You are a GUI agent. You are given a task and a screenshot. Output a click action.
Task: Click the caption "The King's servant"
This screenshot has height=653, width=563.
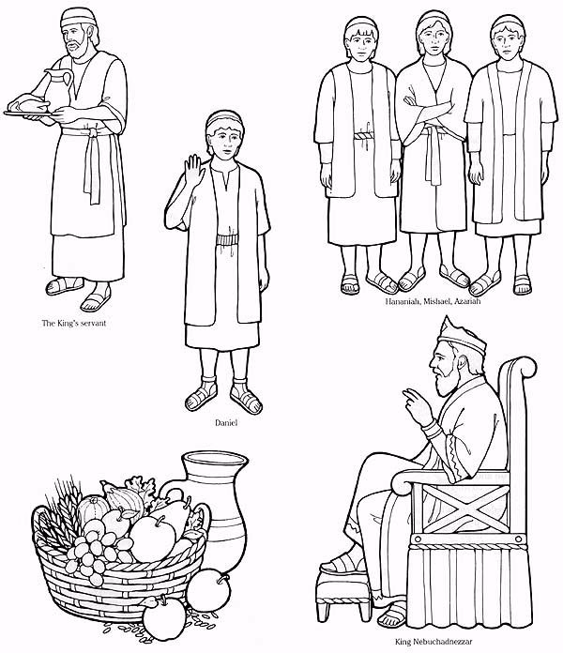pos(74,323)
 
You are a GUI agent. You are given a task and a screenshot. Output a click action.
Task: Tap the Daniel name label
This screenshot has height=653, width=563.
pos(226,423)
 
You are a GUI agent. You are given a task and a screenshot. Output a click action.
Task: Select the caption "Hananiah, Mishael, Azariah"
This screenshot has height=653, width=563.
pos(433,300)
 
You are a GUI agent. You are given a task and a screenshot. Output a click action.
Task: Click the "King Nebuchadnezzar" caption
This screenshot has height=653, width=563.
pos(434,642)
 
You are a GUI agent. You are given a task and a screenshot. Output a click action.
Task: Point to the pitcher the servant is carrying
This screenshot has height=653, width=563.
pos(57,88)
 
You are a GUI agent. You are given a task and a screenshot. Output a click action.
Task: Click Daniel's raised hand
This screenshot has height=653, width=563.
pos(193,170)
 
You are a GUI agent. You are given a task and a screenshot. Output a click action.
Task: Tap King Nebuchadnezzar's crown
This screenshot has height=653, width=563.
pos(461,337)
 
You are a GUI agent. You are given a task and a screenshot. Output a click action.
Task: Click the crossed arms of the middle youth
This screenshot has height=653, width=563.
pos(430,112)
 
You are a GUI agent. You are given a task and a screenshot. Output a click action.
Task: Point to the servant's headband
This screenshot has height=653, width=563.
pos(78,20)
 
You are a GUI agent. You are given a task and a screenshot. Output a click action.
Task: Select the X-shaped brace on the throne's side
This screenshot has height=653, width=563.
pos(465,508)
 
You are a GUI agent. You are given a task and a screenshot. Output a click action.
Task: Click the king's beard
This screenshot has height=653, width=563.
pos(446,382)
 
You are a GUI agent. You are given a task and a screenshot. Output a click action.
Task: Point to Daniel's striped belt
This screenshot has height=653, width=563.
pos(227,242)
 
